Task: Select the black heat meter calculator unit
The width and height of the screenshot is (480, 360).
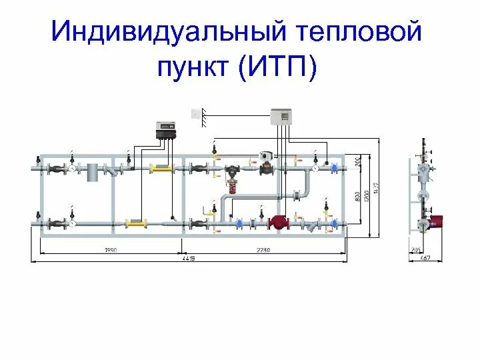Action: coord(165,130)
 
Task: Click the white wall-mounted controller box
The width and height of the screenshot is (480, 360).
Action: coord(282,117)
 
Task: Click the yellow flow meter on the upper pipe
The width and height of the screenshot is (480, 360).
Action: coord(160,169)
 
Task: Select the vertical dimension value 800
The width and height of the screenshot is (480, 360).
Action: coord(357,198)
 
